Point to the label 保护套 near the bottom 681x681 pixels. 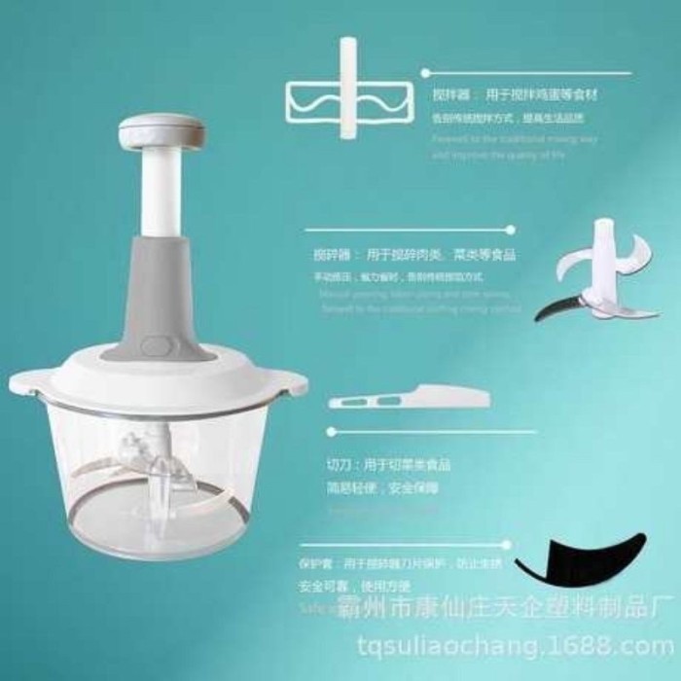coord(316,562)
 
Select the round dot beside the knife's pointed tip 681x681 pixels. coord(332,430)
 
